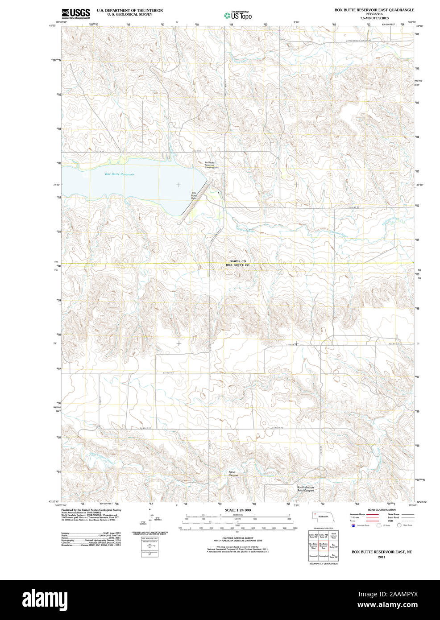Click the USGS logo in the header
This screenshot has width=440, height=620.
tap(76, 13)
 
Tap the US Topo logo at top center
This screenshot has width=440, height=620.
tap(238, 16)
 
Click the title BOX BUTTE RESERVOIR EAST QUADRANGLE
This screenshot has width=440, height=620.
tap(374, 10)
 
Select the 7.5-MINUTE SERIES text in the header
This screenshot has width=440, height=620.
tap(374, 18)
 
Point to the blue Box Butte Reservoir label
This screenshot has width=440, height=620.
tap(119, 174)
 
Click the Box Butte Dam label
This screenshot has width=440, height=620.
tap(194, 195)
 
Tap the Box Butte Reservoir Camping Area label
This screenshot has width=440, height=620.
tap(209, 165)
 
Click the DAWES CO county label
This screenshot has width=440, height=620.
tap(238, 261)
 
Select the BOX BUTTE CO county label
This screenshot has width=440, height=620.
tap(238, 265)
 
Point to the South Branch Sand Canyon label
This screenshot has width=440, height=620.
tap(306, 489)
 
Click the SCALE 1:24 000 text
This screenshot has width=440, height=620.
tap(238, 510)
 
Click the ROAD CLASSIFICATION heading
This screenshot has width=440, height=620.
tap(382, 510)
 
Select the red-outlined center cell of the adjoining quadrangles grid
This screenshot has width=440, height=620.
tap(324, 546)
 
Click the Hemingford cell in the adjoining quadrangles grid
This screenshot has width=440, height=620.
tap(324, 556)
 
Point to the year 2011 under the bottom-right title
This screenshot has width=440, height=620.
tap(382, 557)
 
